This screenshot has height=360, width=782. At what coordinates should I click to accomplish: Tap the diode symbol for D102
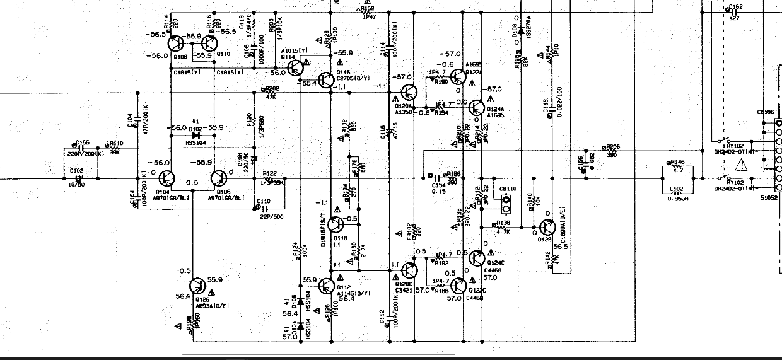195,134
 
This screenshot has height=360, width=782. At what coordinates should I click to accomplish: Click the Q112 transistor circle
327,286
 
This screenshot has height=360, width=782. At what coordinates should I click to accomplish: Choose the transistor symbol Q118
337,223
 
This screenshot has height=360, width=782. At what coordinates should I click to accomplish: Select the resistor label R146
679,161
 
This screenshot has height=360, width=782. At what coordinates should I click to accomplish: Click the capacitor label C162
735,8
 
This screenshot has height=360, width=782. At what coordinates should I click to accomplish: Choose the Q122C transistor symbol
460,286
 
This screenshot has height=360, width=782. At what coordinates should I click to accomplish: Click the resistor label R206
612,147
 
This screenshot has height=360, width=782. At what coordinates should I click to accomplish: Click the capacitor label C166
83,143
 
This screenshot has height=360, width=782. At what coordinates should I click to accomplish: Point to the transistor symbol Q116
326,79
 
